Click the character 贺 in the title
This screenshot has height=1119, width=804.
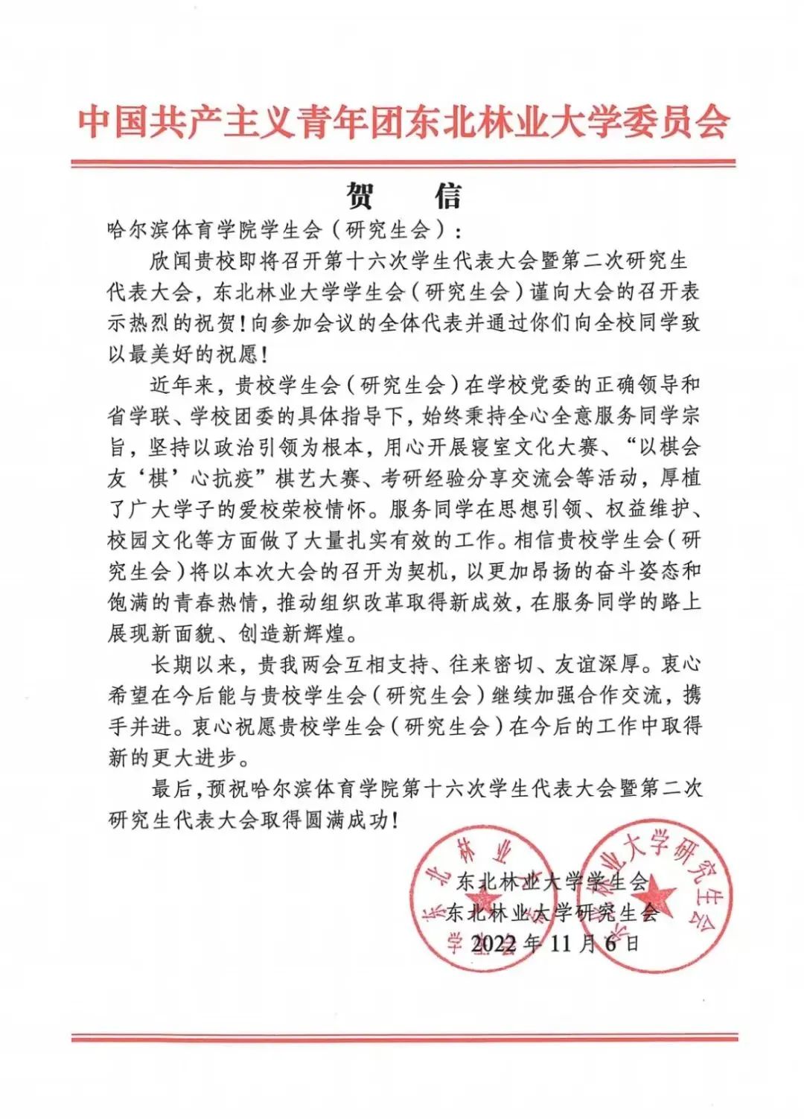pyautogui.click(x=360, y=196)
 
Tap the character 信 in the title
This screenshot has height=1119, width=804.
pyautogui.click(x=447, y=196)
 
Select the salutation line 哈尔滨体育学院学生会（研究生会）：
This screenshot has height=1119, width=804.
pyautogui.click(x=284, y=229)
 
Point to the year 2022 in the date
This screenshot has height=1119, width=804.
pyautogui.click(x=494, y=943)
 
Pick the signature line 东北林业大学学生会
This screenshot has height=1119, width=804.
pyautogui.click(x=552, y=882)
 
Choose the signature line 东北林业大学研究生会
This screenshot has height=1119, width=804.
pyautogui.click(x=552, y=913)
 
